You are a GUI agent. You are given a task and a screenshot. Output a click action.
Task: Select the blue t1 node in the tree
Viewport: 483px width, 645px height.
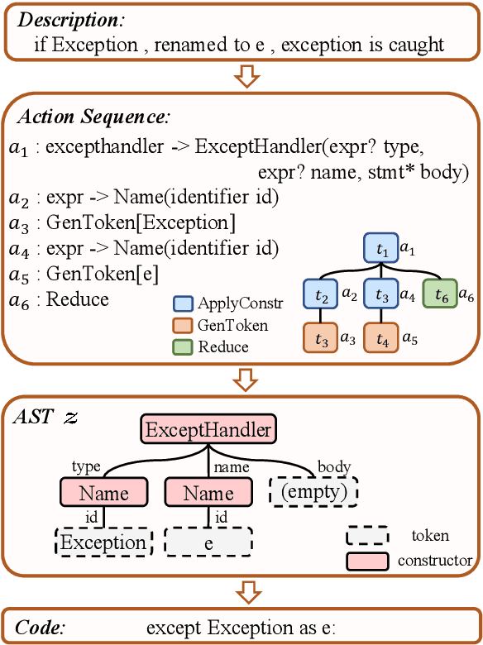[381, 247]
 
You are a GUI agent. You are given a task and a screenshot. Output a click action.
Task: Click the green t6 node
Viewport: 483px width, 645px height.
[441, 294]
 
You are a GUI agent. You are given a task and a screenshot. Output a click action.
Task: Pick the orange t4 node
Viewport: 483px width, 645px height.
[381, 338]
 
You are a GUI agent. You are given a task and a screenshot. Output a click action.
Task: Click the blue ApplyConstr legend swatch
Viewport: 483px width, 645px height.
[183, 304]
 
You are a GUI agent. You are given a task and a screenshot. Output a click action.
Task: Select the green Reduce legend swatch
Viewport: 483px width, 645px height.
[183, 346]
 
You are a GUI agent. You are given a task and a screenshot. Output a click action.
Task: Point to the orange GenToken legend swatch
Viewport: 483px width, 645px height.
[183, 326]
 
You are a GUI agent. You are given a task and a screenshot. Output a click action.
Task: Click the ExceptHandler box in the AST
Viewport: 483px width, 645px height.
[208, 430]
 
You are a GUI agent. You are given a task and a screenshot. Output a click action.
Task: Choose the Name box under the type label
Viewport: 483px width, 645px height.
[103, 494]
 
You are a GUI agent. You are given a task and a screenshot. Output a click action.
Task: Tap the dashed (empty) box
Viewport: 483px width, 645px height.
[313, 494]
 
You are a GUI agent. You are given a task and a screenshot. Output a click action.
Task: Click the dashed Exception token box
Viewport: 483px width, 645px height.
[103, 542]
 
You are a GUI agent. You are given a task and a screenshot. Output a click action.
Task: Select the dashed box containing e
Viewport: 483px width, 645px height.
[208, 542]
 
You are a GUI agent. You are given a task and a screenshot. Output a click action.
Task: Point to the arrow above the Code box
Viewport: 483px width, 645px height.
[241, 592]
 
